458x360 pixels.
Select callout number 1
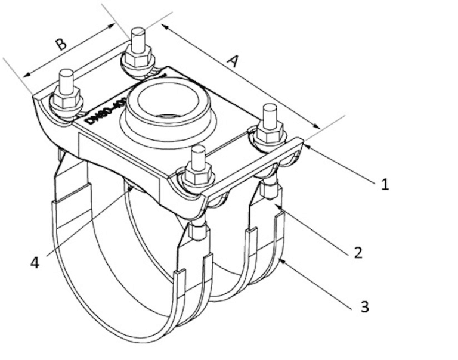(385, 184)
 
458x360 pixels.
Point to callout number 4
(35, 262)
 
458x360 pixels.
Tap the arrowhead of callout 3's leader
(280, 259)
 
